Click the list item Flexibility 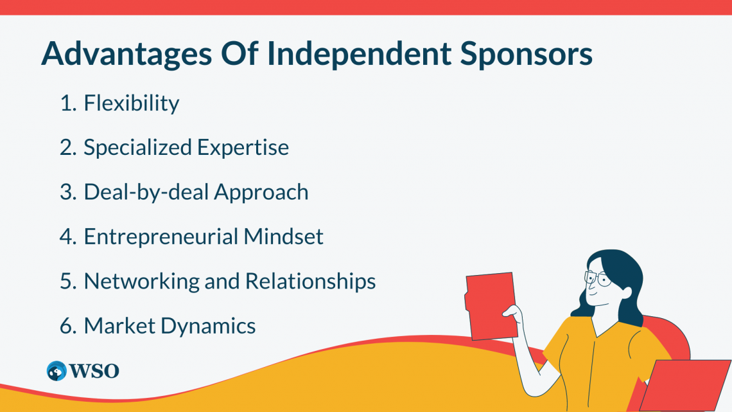coord(132,103)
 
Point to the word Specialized coord(137,147)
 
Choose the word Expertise coord(243,147)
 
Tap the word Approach coord(261,192)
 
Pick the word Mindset coord(283,237)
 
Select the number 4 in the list coord(67,237)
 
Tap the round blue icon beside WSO coord(57,371)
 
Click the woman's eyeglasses coord(597,279)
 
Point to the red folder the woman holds coord(492,305)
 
